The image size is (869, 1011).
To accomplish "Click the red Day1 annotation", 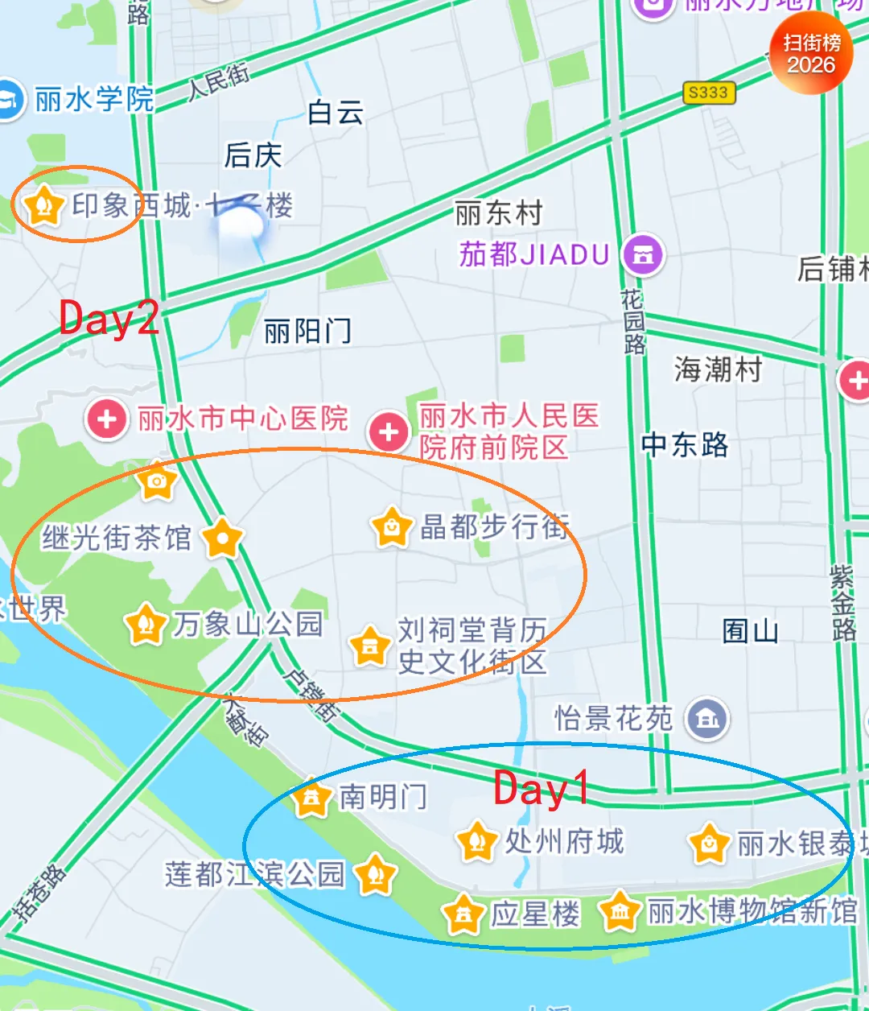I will (x=541, y=788).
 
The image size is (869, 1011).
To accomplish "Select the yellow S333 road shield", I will (x=708, y=93).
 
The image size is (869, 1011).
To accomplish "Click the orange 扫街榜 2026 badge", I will (x=811, y=54).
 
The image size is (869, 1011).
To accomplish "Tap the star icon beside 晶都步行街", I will (x=391, y=528).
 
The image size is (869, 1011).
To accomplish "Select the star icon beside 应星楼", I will (x=463, y=914).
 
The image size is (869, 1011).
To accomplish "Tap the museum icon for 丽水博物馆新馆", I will (x=620, y=911).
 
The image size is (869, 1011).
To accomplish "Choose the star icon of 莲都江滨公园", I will (x=375, y=874).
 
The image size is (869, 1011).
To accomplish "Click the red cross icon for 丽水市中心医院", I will (x=106, y=419).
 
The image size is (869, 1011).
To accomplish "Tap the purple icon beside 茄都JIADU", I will (x=643, y=255).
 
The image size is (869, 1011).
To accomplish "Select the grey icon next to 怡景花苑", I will (x=707, y=718).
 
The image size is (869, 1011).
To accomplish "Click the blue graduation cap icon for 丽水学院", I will (x=10, y=100).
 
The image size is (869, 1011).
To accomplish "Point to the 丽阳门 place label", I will (x=307, y=331).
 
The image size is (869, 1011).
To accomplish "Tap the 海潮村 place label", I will (x=718, y=370).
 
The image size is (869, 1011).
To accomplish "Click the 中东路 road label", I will (x=685, y=444).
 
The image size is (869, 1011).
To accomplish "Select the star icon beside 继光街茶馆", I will (x=222, y=538).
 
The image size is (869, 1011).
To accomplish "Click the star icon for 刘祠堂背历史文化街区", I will (x=370, y=646).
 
